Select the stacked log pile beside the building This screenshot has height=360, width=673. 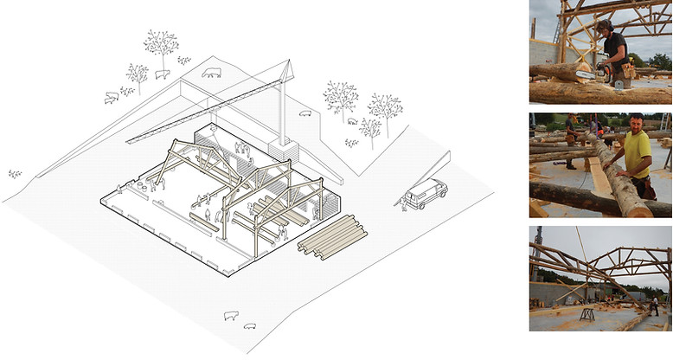(332, 235)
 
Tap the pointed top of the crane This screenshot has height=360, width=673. (288, 62)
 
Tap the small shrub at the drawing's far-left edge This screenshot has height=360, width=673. (15, 174)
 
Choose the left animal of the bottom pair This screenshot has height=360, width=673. (231, 315)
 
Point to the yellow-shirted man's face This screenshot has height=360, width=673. (637, 125)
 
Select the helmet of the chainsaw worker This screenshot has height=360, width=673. (604, 26)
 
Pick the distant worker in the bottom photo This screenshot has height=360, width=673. (654, 304)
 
